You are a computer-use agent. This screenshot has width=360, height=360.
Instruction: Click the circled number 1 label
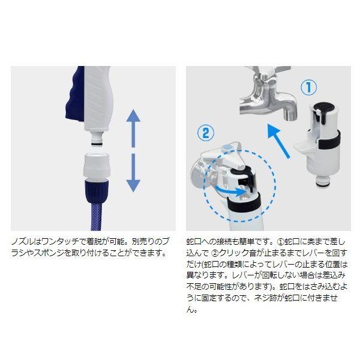[x=308, y=87]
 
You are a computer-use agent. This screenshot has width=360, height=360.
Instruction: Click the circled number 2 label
[x=205, y=133]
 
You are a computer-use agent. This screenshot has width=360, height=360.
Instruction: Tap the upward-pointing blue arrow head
[x=133, y=115]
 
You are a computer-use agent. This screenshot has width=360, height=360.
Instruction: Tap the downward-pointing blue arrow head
[x=133, y=186]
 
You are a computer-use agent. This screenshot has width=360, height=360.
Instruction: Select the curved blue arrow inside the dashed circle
[x=231, y=191]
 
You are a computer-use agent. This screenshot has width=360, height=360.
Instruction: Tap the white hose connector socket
[x=97, y=166]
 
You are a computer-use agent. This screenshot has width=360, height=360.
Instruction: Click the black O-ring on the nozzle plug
[x=97, y=144]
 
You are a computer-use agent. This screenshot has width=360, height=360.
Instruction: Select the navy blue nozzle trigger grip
[x=75, y=95]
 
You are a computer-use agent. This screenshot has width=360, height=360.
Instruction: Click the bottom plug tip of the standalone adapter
[x=324, y=182]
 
